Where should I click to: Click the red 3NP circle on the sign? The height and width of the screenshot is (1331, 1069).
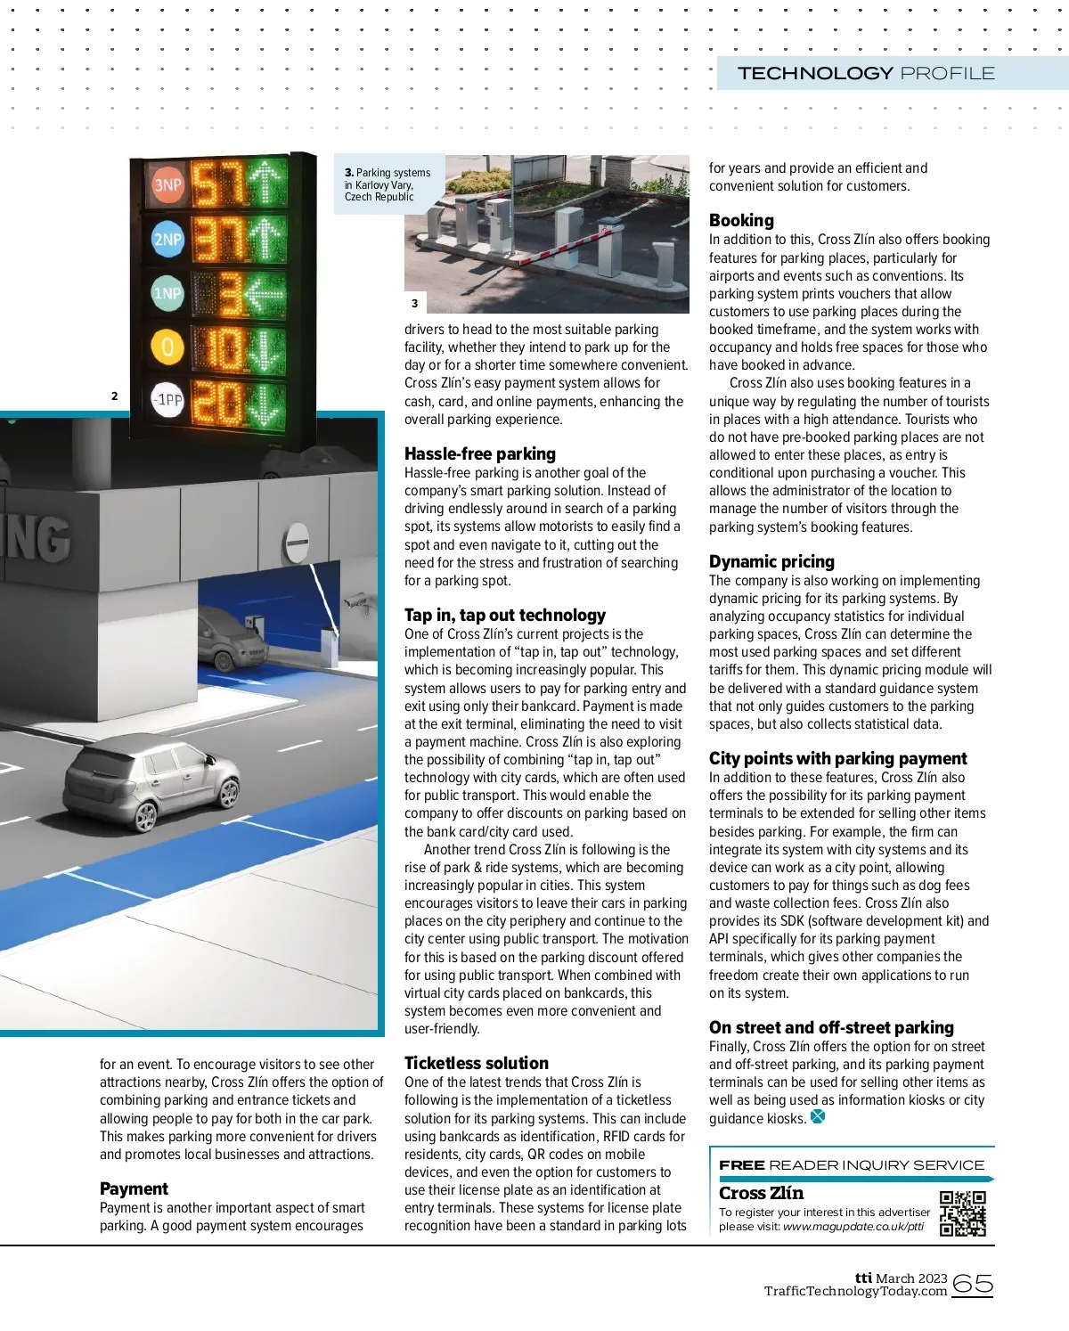point(167,185)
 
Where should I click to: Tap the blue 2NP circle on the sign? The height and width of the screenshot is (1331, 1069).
point(167,239)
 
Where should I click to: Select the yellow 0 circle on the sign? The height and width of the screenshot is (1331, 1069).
point(167,347)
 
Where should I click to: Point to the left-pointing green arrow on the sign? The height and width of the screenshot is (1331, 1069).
point(265,293)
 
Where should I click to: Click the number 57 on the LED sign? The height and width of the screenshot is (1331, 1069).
point(216,184)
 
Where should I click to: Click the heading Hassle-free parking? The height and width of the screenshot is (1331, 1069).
point(479,453)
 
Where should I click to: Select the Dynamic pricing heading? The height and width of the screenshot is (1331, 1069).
point(771,561)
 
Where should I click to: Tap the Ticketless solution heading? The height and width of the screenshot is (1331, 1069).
point(476,1063)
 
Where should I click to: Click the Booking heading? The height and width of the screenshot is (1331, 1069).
point(741,220)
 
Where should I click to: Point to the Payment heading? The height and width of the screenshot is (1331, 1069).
point(134,1188)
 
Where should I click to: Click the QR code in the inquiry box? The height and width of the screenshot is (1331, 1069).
point(962,1213)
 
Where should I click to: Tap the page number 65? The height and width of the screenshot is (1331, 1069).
point(972,1284)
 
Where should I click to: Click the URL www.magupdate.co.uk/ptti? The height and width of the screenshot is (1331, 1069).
point(853,1227)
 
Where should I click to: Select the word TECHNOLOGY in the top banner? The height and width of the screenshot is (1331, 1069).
point(815,73)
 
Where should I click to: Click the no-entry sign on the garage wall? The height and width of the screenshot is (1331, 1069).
point(298,541)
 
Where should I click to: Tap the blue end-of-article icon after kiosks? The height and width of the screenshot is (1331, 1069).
point(818,1116)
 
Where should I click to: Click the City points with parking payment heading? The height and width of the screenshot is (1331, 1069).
point(837,758)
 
